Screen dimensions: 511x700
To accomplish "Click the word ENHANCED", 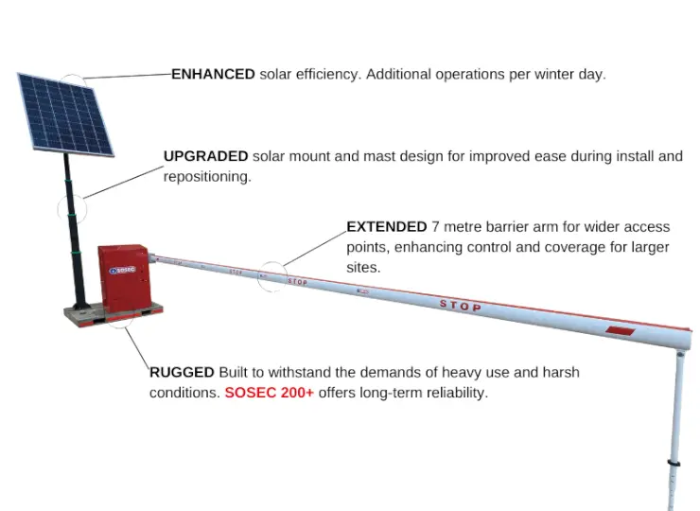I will click(213, 74).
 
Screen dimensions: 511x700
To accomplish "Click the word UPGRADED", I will click(205, 156).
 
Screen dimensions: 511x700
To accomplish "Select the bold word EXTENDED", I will click(387, 227).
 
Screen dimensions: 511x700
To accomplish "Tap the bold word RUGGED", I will click(182, 372).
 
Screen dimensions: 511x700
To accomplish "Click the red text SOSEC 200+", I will click(269, 393).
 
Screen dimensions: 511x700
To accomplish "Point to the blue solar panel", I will click(64, 114).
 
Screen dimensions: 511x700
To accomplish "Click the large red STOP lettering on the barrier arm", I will click(461, 306).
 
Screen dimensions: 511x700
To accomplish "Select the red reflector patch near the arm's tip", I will click(619, 331).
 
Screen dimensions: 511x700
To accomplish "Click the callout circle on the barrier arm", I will click(272, 275).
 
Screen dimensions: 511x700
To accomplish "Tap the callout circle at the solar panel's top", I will click(74, 83).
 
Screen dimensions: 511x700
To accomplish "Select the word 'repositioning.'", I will click(207, 177).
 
